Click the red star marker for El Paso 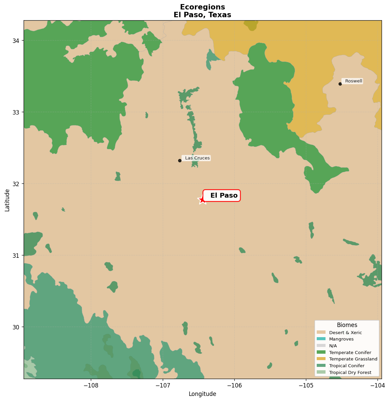click(202, 200)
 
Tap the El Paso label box click(222, 196)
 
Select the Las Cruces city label click(197, 158)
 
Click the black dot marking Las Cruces click(180, 160)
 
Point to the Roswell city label click(353, 81)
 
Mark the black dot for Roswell click(340, 84)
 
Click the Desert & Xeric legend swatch click(321, 333)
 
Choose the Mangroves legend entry click(341, 339)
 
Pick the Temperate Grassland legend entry click(353, 359)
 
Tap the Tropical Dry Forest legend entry click(350, 373)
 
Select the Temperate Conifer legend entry click(350, 353)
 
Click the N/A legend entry click(333, 346)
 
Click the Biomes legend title click(347, 325)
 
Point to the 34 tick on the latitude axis click(16, 41)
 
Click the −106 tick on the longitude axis click(234, 385)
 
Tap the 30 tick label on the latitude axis click(16, 327)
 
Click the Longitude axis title click(202, 394)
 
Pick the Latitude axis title click(7, 200)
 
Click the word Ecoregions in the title click(202, 7)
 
